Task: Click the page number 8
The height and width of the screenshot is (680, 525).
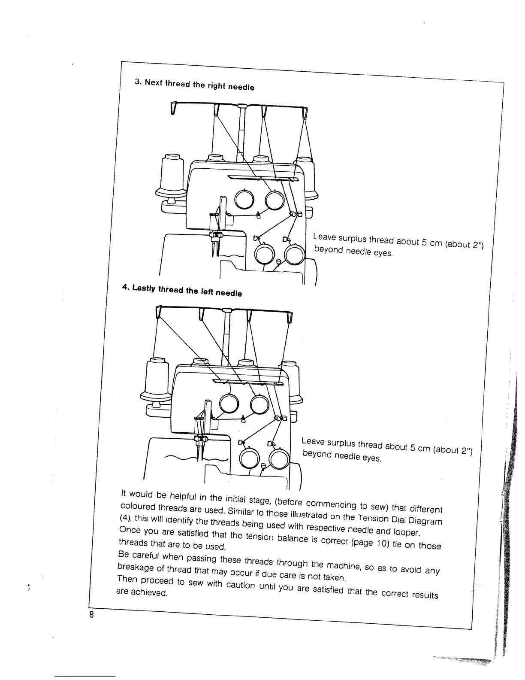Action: (x=91, y=614)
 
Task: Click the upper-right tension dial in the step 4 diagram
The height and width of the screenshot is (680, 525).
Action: (x=259, y=404)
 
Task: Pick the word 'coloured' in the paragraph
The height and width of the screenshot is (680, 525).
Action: (x=134, y=504)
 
